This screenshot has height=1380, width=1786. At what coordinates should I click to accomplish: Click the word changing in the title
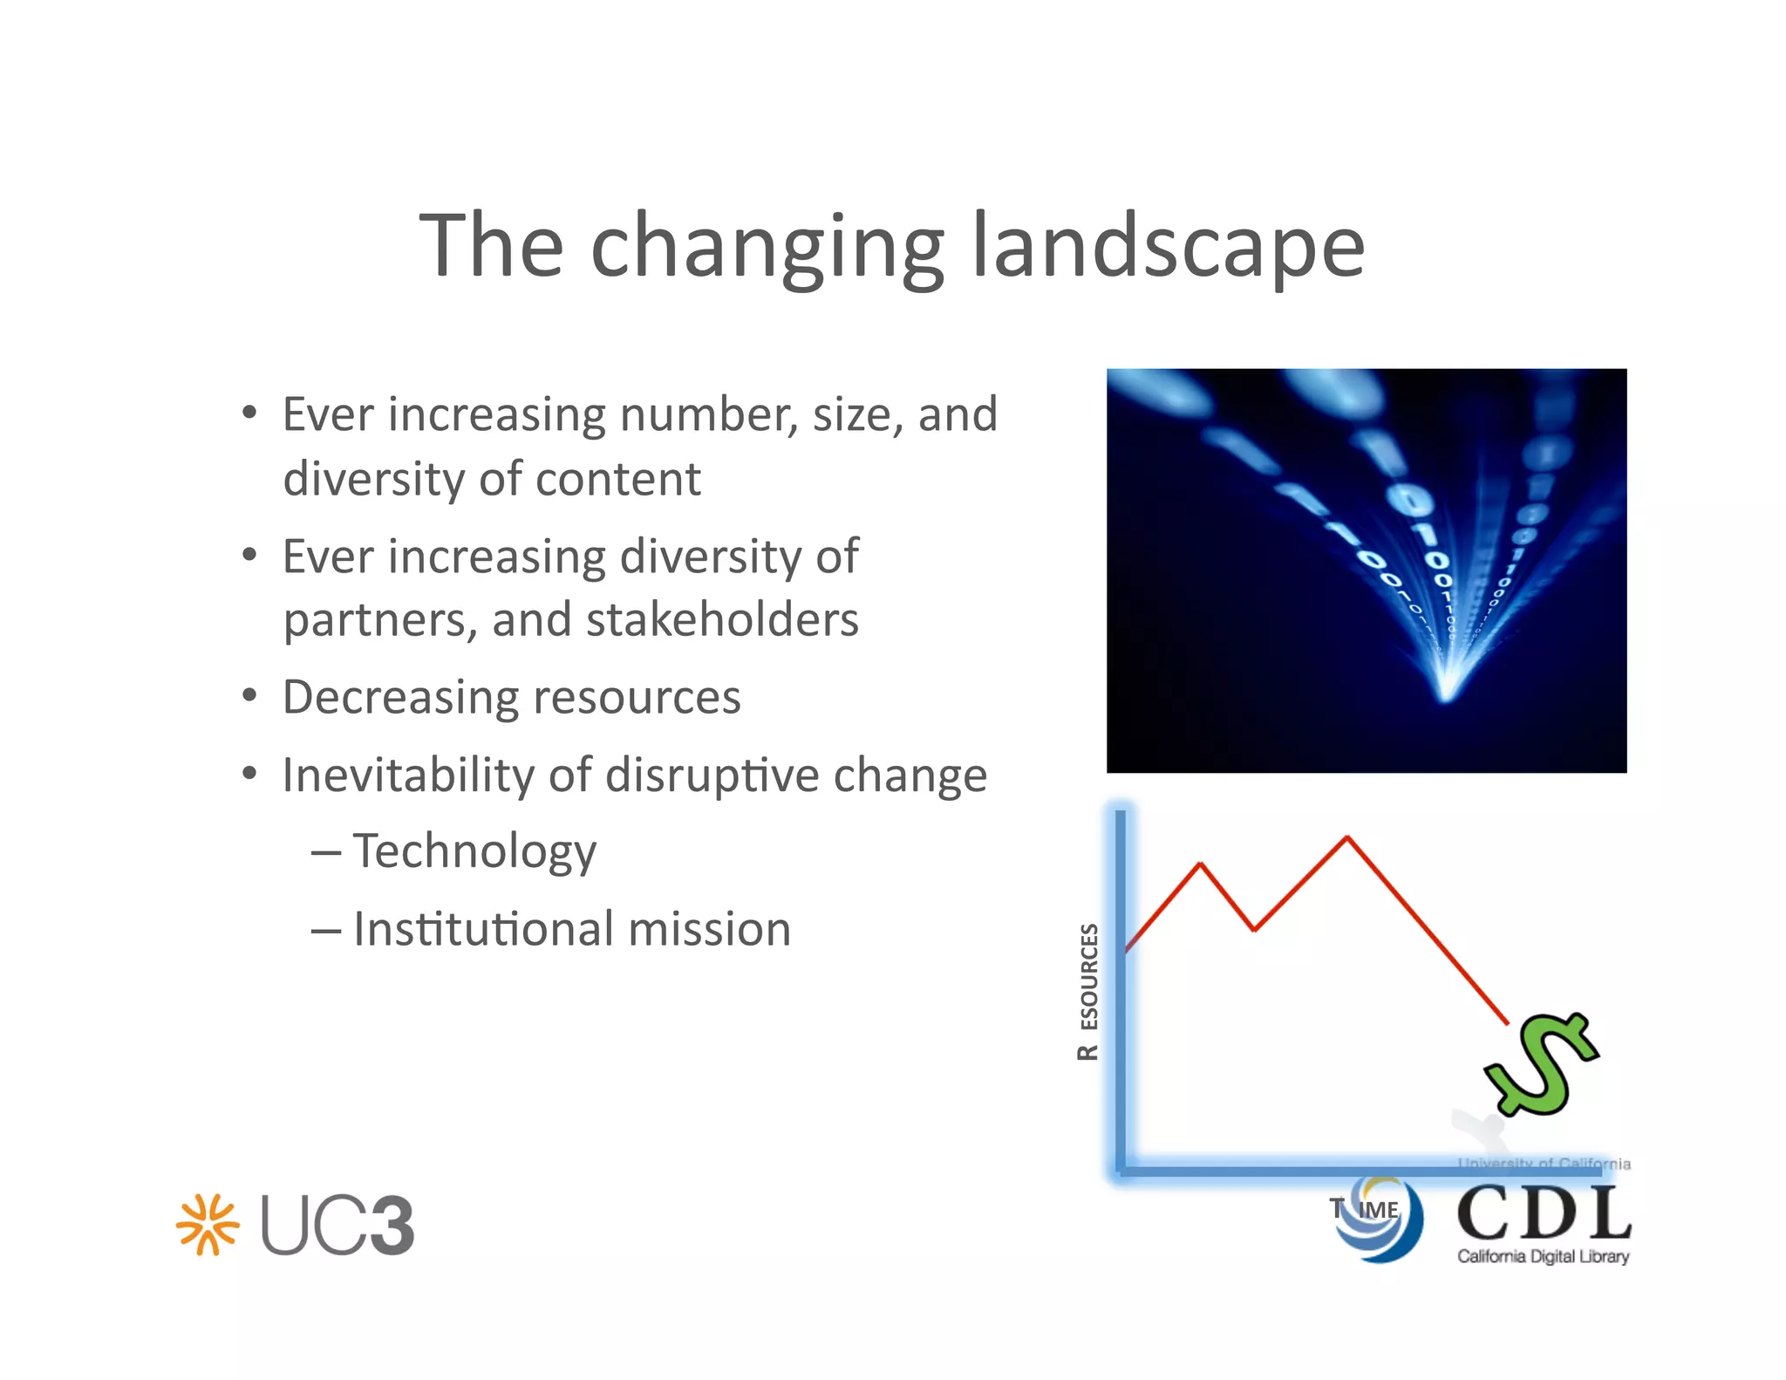pos(767,249)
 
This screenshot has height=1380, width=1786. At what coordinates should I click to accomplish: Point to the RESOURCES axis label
pos(1088,991)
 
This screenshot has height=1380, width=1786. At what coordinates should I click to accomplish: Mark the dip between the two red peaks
pos(1254,929)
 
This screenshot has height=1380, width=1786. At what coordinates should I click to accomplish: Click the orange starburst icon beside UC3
pos(208,1224)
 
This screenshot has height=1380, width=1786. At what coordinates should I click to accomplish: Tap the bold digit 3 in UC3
pos(385,1226)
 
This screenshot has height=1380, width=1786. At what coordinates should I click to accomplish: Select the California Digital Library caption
pos(1543,1256)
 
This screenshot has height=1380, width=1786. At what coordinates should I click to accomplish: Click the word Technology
pos(474,852)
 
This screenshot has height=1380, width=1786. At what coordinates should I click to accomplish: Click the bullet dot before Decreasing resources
pos(250,696)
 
